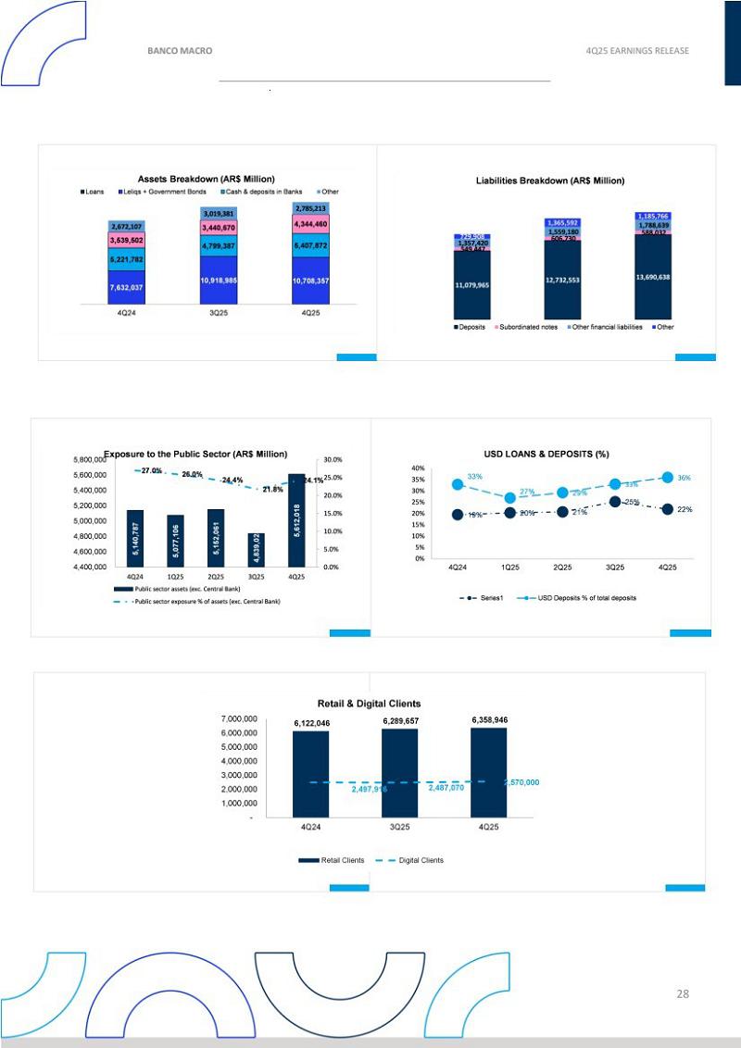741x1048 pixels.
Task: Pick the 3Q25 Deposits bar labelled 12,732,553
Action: coord(574,280)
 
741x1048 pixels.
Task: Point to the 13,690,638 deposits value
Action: coord(665,277)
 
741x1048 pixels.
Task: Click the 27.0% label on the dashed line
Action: coord(152,471)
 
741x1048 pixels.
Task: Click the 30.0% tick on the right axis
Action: coord(333,460)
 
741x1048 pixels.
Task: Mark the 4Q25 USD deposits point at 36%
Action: coord(665,478)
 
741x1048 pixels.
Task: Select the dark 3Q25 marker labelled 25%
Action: coord(614,502)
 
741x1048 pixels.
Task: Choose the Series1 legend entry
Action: coord(487,598)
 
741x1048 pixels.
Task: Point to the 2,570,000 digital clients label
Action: coord(521,783)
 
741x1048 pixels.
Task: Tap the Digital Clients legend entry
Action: coord(420,860)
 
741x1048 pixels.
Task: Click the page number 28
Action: coord(683,993)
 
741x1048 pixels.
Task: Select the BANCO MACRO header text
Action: coord(180,51)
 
